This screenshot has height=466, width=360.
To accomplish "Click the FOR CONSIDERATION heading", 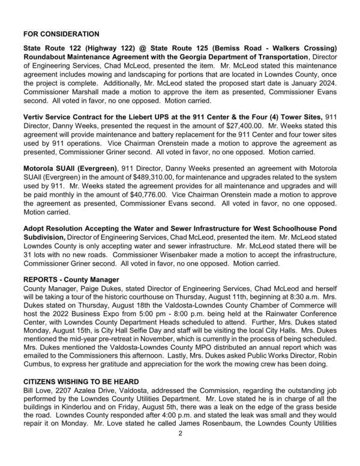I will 61,34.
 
